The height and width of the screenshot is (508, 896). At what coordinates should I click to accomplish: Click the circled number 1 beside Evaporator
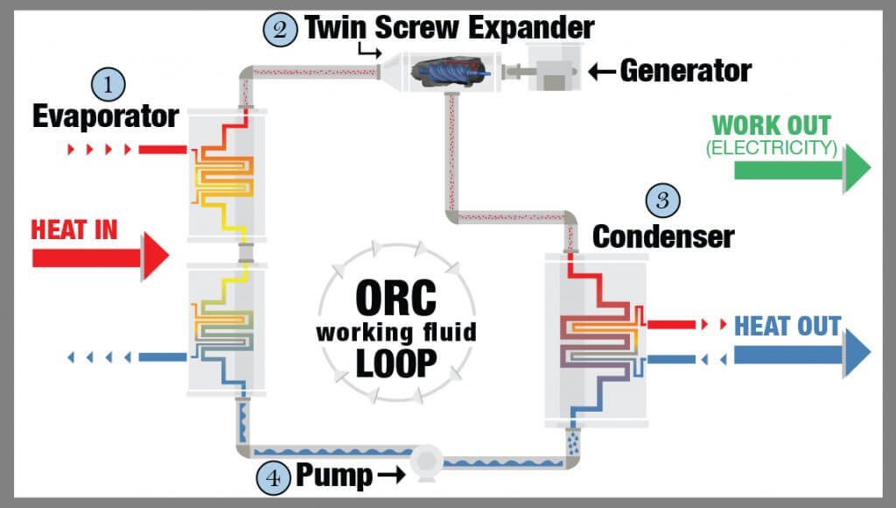(108, 85)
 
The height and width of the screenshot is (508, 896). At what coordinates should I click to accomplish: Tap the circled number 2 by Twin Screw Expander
(278, 28)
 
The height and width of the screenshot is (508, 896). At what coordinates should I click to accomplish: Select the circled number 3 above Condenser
(662, 201)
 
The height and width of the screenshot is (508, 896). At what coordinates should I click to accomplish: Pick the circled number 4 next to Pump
(273, 477)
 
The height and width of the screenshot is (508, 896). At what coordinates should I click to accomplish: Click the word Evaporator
(106, 116)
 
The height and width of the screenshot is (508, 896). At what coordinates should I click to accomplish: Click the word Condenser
(663, 235)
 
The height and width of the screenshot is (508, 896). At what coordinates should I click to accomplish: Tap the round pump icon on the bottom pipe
(430, 461)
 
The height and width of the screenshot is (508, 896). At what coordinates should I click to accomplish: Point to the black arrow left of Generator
(602, 71)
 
